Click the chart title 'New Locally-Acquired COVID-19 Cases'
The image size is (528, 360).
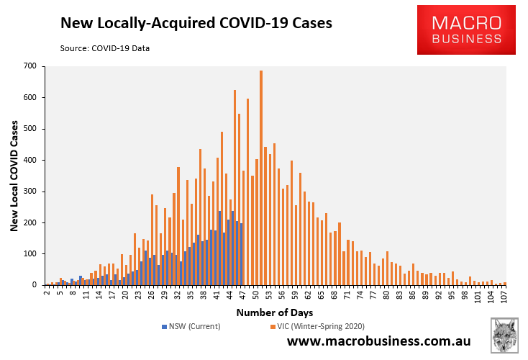click(196, 23)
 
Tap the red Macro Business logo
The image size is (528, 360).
click(467, 29)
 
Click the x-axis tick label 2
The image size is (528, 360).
click(47, 294)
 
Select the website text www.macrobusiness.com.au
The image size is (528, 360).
click(379, 341)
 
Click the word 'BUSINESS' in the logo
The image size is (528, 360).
click(467, 38)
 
